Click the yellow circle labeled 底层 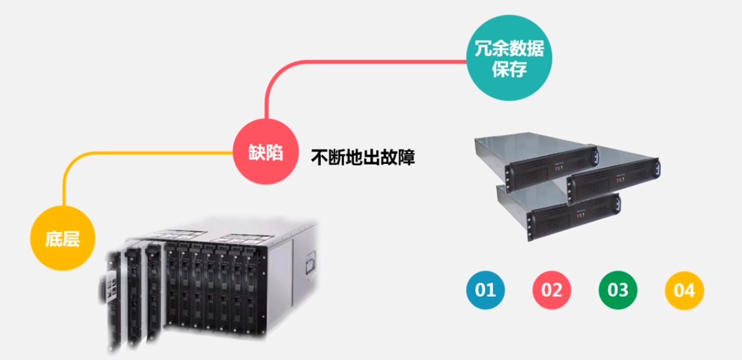point(62,239)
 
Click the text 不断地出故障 point(362,158)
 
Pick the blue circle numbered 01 point(486,290)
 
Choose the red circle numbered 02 point(552,291)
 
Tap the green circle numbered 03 point(618,290)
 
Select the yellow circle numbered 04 point(684,291)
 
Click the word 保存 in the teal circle point(509,69)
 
